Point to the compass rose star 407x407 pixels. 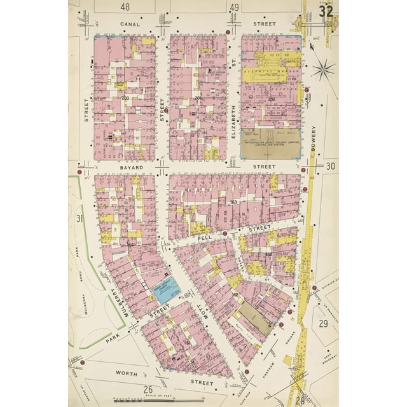[x=324, y=68]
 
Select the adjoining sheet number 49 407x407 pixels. [x=234, y=8]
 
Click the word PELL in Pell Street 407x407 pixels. [x=205, y=236]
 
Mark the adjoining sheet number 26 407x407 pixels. [x=148, y=389]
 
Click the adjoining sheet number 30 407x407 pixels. [x=330, y=167]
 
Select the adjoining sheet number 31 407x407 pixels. [x=80, y=219]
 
